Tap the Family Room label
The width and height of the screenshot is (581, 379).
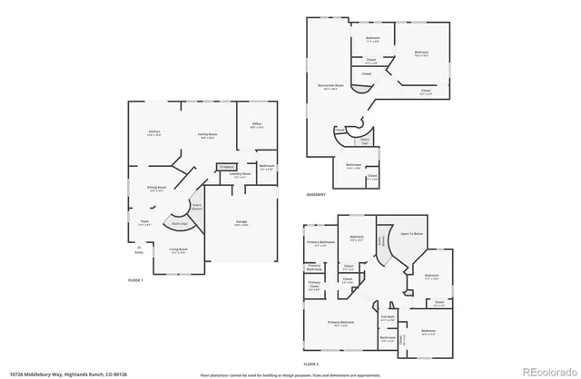pyautogui.click(x=208, y=135)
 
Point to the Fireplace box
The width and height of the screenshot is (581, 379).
pyautogui.click(x=226, y=167)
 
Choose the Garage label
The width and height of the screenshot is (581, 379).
pyautogui.click(x=241, y=222)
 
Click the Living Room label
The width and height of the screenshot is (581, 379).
pyautogui.click(x=177, y=251)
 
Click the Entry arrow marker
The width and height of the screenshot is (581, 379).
pyautogui.click(x=138, y=249)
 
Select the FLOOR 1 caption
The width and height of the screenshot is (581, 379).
pyautogui.click(x=136, y=282)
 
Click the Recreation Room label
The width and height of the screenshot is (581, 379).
pyautogui.click(x=328, y=87)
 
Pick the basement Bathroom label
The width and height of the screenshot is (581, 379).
pyautogui.click(x=354, y=166)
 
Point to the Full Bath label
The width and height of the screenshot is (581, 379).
pyautogui.click(x=388, y=317)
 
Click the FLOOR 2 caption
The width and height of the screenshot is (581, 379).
pyautogui.click(x=311, y=364)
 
